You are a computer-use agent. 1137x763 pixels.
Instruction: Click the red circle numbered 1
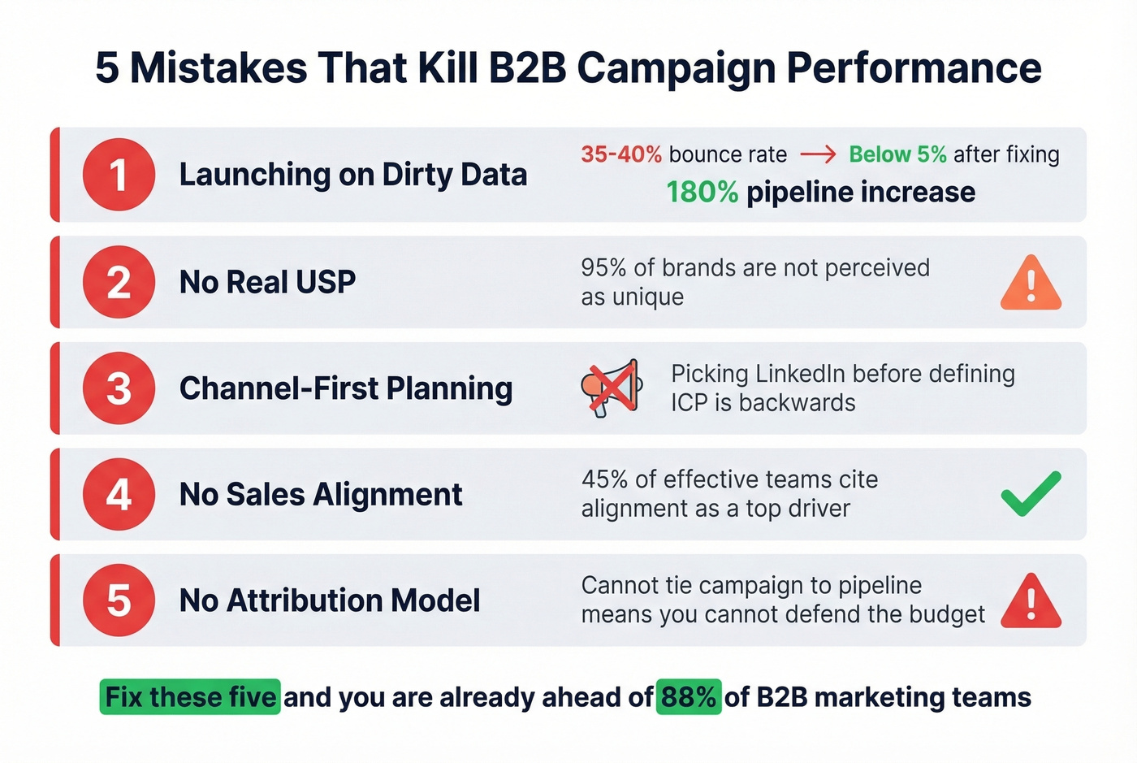point(119,175)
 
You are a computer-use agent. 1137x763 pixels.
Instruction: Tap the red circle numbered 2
point(119,282)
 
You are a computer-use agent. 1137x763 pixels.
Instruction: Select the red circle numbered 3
point(119,388)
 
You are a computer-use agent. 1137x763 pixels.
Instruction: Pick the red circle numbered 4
point(119,494)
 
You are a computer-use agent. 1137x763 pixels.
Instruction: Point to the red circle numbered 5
point(119,600)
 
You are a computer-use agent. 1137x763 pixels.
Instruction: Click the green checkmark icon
point(1031,493)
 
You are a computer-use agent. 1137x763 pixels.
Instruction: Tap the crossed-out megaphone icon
point(612,388)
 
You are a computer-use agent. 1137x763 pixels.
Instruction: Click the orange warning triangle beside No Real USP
point(1031,284)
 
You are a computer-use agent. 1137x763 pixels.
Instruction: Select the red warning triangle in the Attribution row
point(1031,602)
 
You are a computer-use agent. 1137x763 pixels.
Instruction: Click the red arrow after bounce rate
point(818,154)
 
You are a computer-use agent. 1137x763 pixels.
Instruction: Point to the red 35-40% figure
point(621,154)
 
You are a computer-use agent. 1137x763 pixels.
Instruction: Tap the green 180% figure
point(702,193)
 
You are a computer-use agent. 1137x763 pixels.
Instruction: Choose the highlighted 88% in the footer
point(688,697)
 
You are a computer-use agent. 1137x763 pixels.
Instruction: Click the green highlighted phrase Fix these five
point(190,697)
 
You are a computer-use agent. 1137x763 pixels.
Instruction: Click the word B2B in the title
point(527,67)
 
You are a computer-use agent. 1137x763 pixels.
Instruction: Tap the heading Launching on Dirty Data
point(352,175)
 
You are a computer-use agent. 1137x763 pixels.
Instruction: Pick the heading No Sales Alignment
point(321,494)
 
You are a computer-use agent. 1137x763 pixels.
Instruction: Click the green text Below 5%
point(897,154)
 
